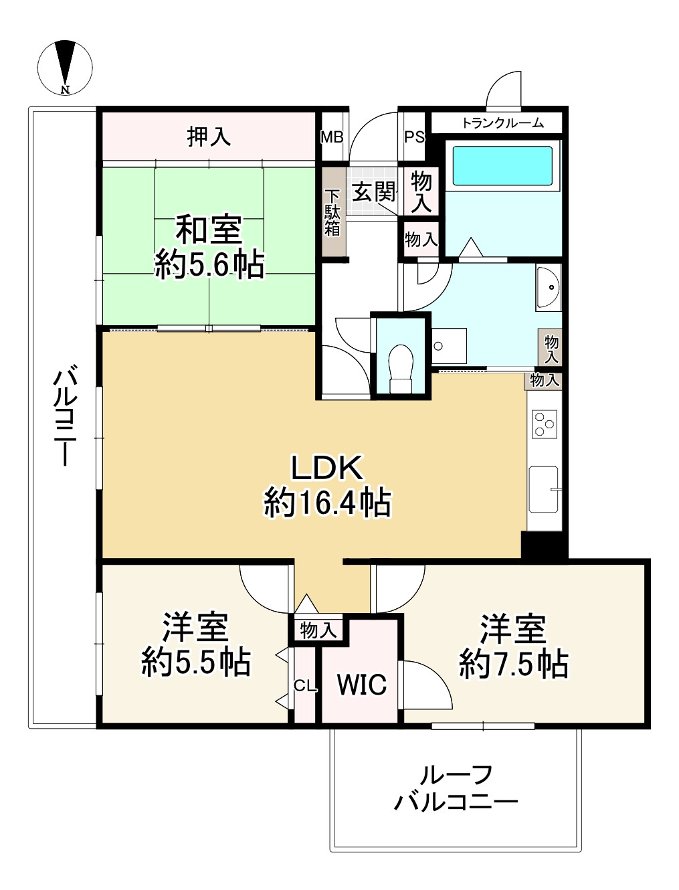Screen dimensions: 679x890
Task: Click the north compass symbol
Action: (65, 68)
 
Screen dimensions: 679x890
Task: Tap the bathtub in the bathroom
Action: (502, 166)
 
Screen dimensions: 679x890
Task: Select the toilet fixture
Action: (401, 369)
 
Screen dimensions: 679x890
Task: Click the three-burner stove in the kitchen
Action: (545, 424)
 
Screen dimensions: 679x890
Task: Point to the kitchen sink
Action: (544, 489)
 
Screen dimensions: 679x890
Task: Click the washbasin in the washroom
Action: (548, 287)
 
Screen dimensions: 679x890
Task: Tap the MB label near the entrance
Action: (332, 137)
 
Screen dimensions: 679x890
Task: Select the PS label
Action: (414, 137)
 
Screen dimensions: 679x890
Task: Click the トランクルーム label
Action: (502, 123)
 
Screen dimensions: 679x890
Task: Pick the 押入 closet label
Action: (209, 137)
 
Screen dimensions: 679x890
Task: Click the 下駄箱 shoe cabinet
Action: (333, 213)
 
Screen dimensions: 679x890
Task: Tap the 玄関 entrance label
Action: (373, 191)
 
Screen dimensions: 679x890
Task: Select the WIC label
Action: (362, 685)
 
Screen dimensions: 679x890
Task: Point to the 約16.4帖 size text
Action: (328, 503)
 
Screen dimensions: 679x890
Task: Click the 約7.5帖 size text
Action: (514, 664)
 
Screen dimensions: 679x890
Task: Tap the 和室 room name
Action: (208, 230)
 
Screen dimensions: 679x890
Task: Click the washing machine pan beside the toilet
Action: (449, 346)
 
